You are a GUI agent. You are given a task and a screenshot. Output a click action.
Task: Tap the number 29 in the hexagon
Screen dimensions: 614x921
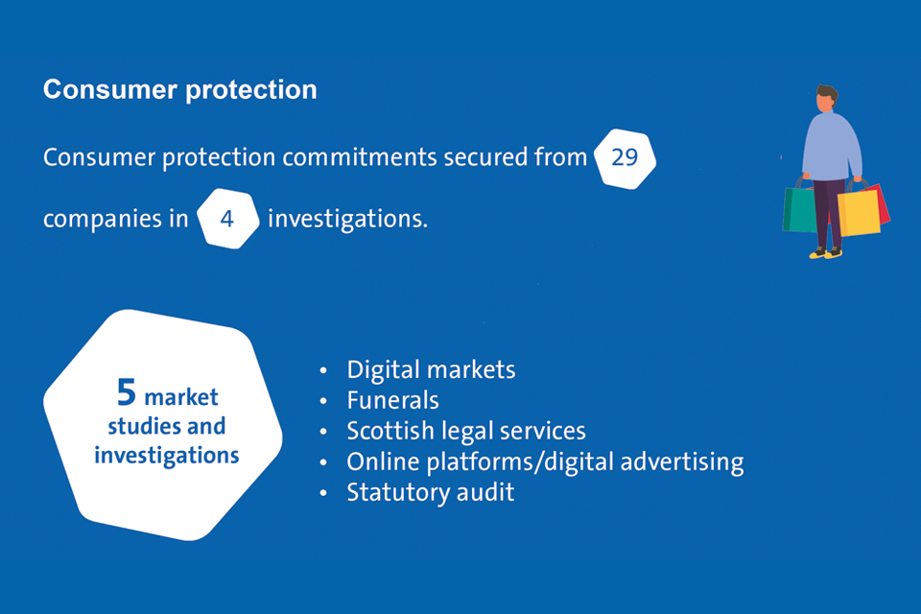pyautogui.click(x=625, y=157)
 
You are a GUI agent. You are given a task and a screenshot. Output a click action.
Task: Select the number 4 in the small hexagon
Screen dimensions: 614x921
pyautogui.click(x=227, y=219)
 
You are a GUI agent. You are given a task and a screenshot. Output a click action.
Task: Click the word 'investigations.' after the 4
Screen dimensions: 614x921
pyautogui.click(x=347, y=219)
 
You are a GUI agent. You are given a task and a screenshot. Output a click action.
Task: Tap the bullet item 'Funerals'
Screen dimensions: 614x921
pyautogui.click(x=393, y=399)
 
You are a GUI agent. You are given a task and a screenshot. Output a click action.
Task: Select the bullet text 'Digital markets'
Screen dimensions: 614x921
pyautogui.click(x=432, y=369)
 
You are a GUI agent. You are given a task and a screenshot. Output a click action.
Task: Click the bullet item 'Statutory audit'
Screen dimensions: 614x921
pyautogui.click(x=431, y=492)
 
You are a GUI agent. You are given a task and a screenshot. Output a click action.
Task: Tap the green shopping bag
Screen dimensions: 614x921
pyautogui.click(x=799, y=209)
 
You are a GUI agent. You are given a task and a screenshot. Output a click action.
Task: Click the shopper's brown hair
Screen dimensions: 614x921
pyautogui.click(x=827, y=93)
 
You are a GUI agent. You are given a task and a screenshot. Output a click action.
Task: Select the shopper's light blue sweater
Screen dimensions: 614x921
pyautogui.click(x=831, y=144)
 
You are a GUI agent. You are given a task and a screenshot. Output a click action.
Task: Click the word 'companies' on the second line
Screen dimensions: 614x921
pyautogui.click(x=101, y=219)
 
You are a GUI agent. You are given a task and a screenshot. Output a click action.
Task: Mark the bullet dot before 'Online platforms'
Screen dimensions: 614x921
pyautogui.click(x=323, y=462)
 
